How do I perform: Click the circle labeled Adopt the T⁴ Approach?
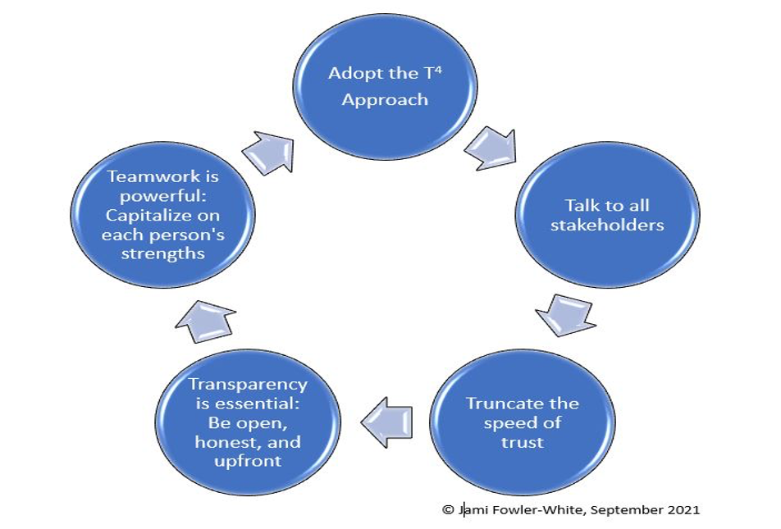point(385,87)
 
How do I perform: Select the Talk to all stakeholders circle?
point(607,215)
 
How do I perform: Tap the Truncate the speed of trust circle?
point(523,422)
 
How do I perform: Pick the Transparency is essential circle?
point(248,422)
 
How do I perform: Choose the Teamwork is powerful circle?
point(163,215)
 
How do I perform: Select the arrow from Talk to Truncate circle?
point(566,315)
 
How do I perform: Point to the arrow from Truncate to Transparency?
point(386,422)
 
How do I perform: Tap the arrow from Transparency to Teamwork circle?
point(205,321)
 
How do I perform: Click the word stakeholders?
point(607,225)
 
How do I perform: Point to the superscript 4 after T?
point(438,71)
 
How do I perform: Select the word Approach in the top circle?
point(385,99)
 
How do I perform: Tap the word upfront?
point(248,461)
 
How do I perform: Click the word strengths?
point(163,254)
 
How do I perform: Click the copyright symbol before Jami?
point(448,509)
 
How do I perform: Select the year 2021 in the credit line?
point(683,509)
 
